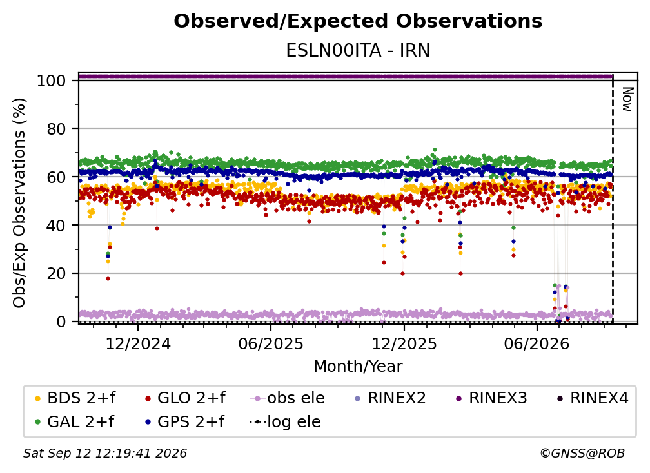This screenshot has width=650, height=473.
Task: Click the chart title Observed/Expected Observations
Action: (x=358, y=21)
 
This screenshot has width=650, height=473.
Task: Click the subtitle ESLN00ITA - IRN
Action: (x=358, y=51)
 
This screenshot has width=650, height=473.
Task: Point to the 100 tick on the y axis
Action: (x=52, y=81)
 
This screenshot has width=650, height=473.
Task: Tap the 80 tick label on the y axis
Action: (x=56, y=129)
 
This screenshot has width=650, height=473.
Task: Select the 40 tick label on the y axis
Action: (x=56, y=226)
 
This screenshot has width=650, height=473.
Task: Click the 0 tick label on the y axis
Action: (x=61, y=322)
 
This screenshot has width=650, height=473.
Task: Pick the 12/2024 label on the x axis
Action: (x=138, y=343)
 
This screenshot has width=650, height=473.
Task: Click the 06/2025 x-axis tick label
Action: (x=271, y=343)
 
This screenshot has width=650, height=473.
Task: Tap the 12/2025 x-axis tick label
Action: (x=404, y=343)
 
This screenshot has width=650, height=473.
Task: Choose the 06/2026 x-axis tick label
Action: (x=537, y=343)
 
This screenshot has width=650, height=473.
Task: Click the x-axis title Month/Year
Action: (x=358, y=367)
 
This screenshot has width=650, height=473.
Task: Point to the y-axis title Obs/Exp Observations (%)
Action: (x=19, y=203)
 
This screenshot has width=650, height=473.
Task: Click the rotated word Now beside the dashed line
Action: (x=627, y=99)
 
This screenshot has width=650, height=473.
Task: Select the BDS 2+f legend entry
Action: (x=75, y=398)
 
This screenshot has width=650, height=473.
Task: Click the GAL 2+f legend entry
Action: (x=75, y=422)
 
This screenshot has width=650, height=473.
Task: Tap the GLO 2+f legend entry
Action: (x=185, y=398)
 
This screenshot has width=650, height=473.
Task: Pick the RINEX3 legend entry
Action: (x=491, y=398)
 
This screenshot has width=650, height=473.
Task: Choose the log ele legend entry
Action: (x=285, y=422)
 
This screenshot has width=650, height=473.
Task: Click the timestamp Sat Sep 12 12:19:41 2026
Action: (x=105, y=454)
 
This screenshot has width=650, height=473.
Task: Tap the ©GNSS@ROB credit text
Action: (x=582, y=454)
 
